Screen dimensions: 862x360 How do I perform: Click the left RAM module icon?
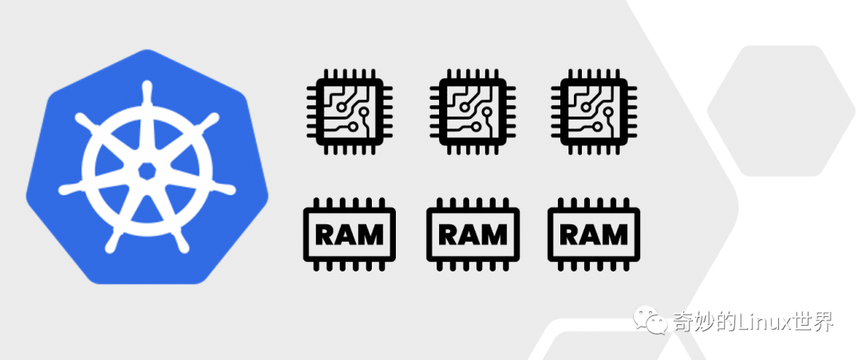click(x=350, y=234)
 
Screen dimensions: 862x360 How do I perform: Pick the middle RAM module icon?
click(x=472, y=234)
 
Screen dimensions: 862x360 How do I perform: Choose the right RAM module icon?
click(x=593, y=234)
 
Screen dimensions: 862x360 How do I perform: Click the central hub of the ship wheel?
click(x=146, y=170)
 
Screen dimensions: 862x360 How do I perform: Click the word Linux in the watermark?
click(x=757, y=322)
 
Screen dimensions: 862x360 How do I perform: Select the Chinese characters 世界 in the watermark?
click(x=812, y=322)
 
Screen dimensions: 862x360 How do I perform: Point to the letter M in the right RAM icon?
click(x=615, y=235)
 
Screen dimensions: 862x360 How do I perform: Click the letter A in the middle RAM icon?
click(x=471, y=235)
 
